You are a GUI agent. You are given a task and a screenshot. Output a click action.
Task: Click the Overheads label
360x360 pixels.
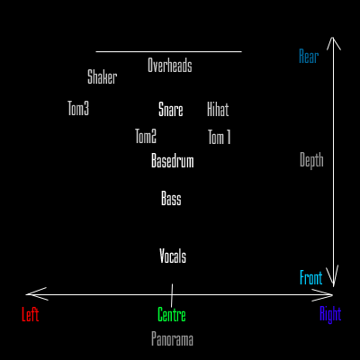pos(170,65)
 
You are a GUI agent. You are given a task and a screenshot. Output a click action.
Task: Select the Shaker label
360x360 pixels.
pos(102,76)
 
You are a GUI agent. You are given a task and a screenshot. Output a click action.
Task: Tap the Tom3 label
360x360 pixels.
pos(78,108)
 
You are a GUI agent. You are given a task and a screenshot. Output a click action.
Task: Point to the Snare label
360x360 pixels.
pos(171,109)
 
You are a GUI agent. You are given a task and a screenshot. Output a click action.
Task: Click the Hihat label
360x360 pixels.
pos(218,109)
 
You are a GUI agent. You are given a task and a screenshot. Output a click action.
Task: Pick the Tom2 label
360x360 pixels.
pos(146,136)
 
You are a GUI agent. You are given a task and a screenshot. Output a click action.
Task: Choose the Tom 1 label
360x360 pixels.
pos(220,137)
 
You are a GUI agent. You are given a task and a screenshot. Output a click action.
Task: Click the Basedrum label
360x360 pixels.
pos(173,160)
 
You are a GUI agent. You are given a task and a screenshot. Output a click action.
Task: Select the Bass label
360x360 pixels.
pos(171,198)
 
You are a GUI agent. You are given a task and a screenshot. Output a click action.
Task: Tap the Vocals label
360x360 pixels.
pos(173,256)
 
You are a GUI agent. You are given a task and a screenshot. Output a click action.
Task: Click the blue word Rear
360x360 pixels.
pos(309,56)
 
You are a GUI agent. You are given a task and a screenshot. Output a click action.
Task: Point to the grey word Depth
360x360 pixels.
pos(311,160)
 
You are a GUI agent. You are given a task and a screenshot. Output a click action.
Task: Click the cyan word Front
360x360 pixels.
pos(311,277)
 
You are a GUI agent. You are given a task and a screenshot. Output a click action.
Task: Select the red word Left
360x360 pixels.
pos(31,314)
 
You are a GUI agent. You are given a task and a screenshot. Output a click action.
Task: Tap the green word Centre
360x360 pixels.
pos(172,315)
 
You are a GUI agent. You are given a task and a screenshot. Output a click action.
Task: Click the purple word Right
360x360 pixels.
pos(330,314)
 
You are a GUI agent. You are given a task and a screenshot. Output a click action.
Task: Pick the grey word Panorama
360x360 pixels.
pos(172,339)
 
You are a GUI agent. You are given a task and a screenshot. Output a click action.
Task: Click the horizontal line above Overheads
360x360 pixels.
pos(168,51)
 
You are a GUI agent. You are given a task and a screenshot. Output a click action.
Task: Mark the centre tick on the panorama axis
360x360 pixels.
pos(172,295)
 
